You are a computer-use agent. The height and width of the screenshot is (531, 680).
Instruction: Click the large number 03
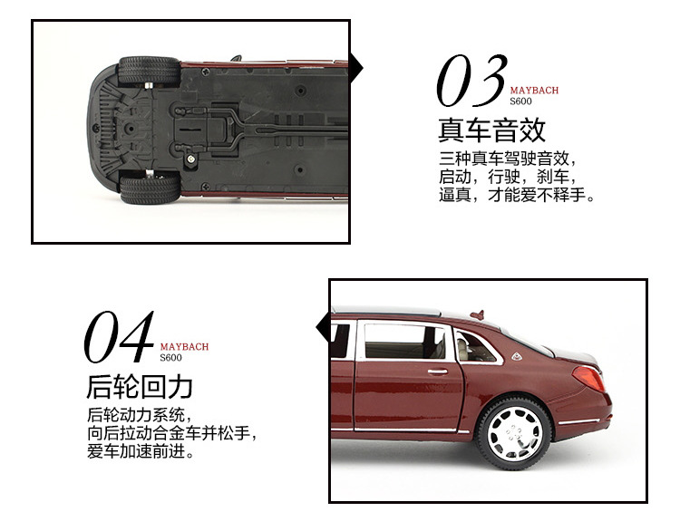[x=469, y=81]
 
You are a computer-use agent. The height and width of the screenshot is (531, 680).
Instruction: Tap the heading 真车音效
[x=491, y=130]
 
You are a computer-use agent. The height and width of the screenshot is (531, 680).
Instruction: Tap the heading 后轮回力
[x=139, y=387]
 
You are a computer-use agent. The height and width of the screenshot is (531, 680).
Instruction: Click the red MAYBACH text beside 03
[x=534, y=91]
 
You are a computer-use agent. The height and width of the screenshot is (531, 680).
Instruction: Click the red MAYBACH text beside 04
[x=184, y=346]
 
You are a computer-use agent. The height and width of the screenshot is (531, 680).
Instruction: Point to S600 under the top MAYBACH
[x=520, y=101]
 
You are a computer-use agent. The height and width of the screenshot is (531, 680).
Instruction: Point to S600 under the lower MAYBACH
[x=170, y=357]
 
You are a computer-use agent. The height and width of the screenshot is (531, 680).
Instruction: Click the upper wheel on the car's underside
[x=149, y=72]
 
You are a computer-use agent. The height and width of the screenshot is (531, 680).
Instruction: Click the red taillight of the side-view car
[x=590, y=378]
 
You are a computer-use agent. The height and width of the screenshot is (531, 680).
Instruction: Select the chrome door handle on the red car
[x=437, y=371]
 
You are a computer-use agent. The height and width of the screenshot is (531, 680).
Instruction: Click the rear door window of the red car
[x=405, y=343]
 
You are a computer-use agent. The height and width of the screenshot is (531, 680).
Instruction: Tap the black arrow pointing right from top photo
[x=356, y=66]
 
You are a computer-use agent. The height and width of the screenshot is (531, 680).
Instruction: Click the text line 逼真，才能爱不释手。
[x=518, y=195]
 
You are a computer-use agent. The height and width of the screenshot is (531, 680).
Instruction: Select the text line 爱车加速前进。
[x=141, y=451]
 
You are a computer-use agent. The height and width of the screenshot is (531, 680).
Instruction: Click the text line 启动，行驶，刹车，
[x=507, y=177]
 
